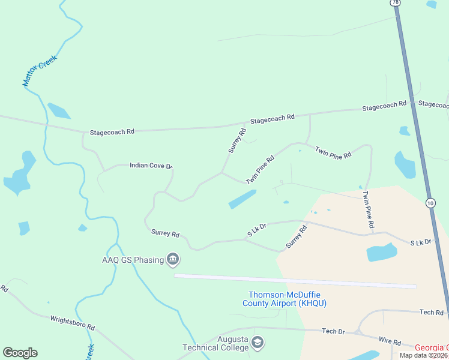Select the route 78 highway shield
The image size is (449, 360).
(x=395, y=2)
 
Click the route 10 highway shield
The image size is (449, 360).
(x=430, y=203)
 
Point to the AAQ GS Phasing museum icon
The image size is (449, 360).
(x=173, y=260)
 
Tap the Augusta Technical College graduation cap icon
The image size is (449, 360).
(x=258, y=343)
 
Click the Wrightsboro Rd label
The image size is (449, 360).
(x=73, y=323)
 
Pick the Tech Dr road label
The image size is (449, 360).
(x=333, y=331)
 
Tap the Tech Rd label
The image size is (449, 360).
(x=431, y=313)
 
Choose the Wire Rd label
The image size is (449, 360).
(x=389, y=341)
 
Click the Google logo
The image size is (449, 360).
(x=20, y=353)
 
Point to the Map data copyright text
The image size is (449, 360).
(x=424, y=355)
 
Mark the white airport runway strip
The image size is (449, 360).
(x=294, y=281)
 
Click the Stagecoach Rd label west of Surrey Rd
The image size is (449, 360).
(x=112, y=131)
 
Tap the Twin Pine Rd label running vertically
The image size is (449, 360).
(x=368, y=209)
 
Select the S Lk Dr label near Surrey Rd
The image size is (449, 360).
(x=257, y=228)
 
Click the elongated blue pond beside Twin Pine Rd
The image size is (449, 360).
(x=243, y=199)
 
